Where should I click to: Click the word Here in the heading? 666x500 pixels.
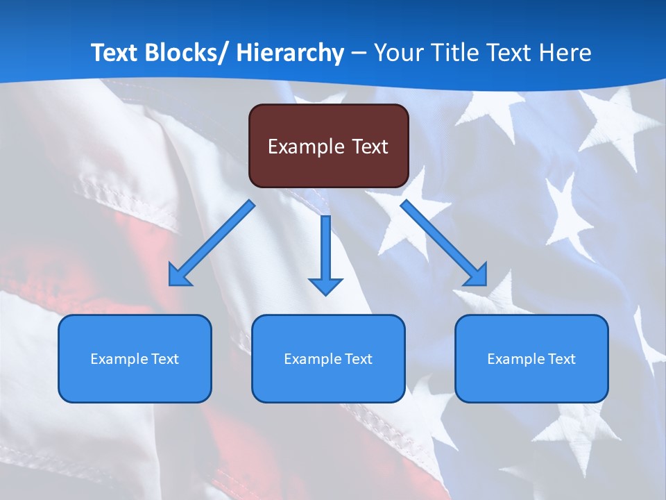(x=565, y=53)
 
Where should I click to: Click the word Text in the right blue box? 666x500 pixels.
(x=561, y=359)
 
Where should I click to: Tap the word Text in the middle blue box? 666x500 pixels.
(x=358, y=359)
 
